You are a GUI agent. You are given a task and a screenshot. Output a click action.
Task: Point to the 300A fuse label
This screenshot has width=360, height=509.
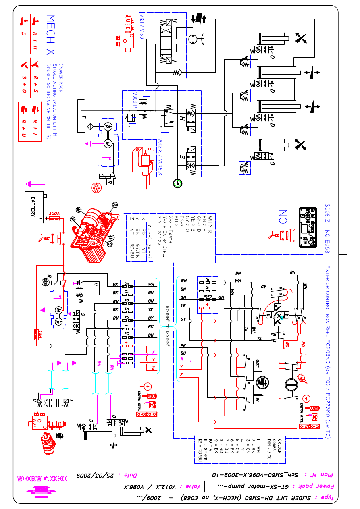pyautogui.click(x=54, y=213)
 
